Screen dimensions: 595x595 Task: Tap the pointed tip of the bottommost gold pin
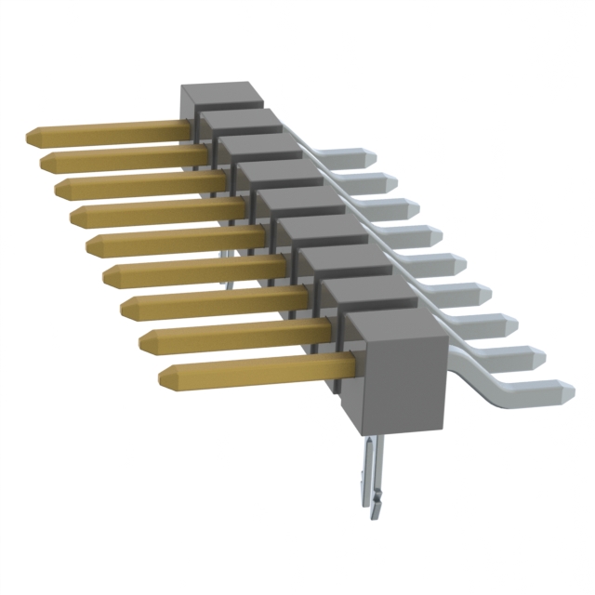164,377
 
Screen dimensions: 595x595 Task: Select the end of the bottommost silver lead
565,391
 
